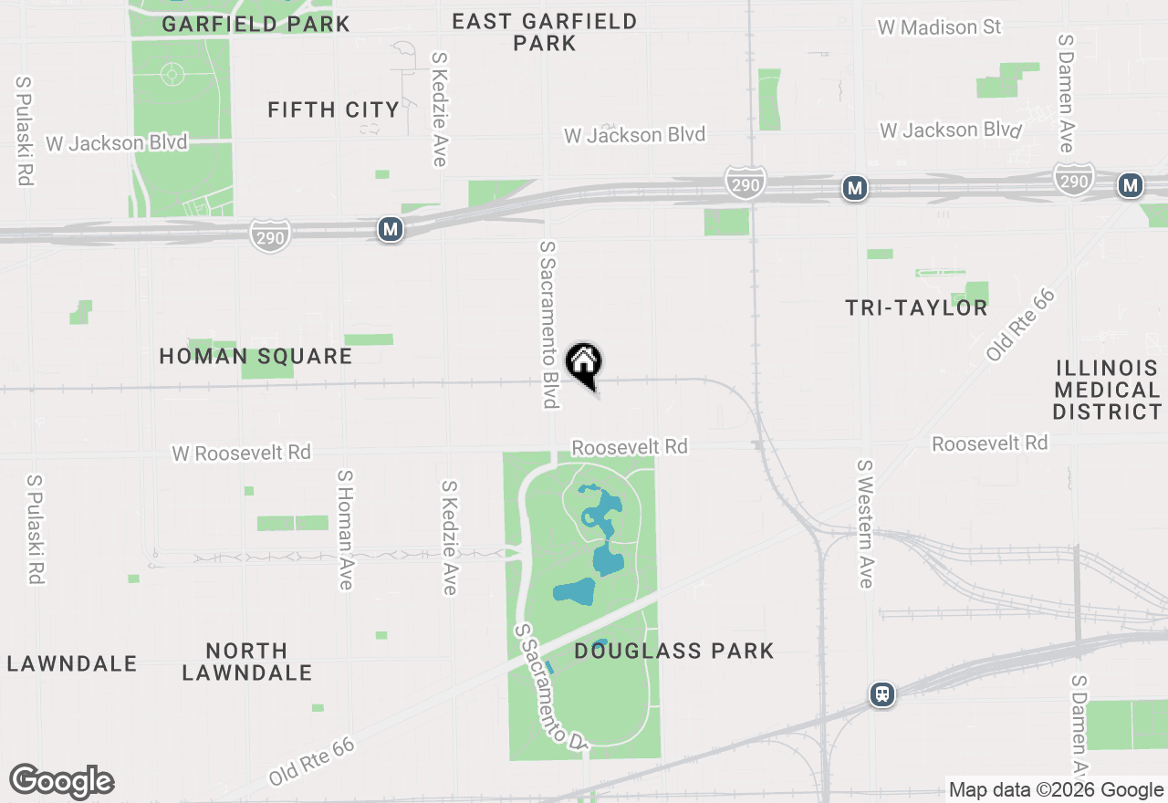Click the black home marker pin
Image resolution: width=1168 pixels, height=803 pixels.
pyautogui.click(x=584, y=364)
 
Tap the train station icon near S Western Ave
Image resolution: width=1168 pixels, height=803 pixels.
pyautogui.click(x=881, y=694)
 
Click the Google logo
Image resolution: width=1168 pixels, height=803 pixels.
pyautogui.click(x=62, y=781)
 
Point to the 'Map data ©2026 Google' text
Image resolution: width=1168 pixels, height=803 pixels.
pyautogui.click(x=1056, y=790)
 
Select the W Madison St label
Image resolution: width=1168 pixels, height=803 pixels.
pyautogui.click(x=939, y=27)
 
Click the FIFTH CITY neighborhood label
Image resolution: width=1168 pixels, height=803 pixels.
pyautogui.click(x=333, y=110)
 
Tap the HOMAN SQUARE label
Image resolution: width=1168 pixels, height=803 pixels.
pyautogui.click(x=255, y=356)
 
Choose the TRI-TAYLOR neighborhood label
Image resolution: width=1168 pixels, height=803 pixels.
pyautogui.click(x=916, y=308)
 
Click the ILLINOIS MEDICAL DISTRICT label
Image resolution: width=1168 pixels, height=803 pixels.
pyautogui.click(x=1107, y=390)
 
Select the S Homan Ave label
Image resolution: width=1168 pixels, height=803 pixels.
pyautogui.click(x=345, y=529)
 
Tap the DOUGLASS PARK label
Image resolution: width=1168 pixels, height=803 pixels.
pyautogui.click(x=674, y=651)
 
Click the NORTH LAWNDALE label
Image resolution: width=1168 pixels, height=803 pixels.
pyautogui.click(x=247, y=662)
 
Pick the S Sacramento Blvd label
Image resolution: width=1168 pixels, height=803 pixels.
pyautogui.click(x=548, y=324)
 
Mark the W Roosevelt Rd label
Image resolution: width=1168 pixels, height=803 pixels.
pyautogui.click(x=242, y=453)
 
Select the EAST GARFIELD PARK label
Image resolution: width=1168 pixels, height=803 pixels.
pyautogui.click(x=545, y=32)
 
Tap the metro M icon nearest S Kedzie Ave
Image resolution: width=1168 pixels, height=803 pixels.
pyautogui.click(x=391, y=229)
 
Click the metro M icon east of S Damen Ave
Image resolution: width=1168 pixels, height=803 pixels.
pyautogui.click(x=1131, y=186)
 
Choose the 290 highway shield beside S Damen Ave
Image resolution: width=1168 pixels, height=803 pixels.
pyautogui.click(x=1074, y=180)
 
